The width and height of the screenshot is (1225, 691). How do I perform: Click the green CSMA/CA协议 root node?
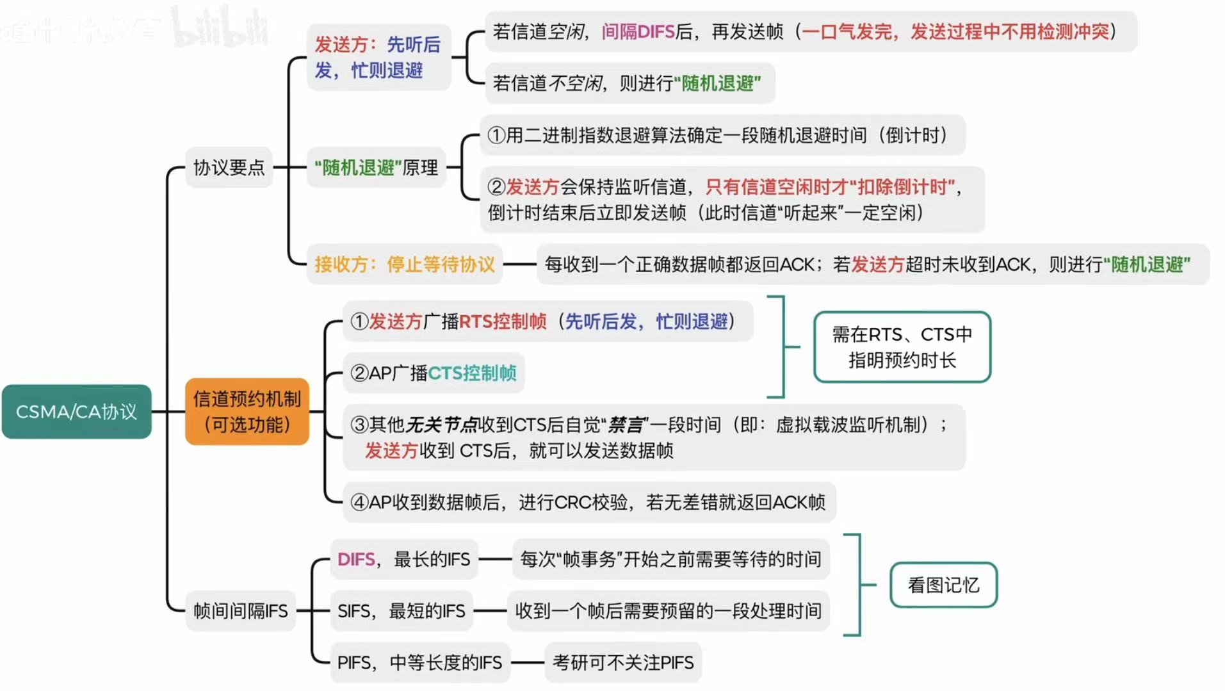76,412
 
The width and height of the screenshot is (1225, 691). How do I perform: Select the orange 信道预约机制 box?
247,412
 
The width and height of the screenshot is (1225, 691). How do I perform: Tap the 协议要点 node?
229,168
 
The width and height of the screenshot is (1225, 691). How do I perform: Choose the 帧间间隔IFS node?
241,611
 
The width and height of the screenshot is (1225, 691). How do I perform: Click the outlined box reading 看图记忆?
943,585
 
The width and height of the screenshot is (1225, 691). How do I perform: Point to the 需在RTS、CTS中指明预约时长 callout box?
902,347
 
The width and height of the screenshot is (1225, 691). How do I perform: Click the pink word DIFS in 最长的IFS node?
356,560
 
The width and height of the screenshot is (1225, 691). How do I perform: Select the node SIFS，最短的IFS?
401,611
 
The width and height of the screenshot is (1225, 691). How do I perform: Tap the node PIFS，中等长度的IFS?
419,663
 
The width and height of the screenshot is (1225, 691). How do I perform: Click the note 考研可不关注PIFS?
623,663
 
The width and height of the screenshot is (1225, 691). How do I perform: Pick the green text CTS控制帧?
472,373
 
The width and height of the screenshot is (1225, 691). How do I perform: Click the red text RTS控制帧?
503,321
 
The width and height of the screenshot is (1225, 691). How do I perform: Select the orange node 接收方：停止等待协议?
404,264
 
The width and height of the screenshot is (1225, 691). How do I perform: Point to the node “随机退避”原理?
376,168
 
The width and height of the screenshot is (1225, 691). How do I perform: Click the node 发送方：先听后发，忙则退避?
378,58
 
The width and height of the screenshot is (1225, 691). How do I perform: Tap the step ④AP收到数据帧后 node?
588,503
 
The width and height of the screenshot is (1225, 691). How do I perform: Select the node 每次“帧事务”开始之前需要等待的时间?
670,560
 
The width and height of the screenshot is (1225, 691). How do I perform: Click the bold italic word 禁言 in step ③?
626,425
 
